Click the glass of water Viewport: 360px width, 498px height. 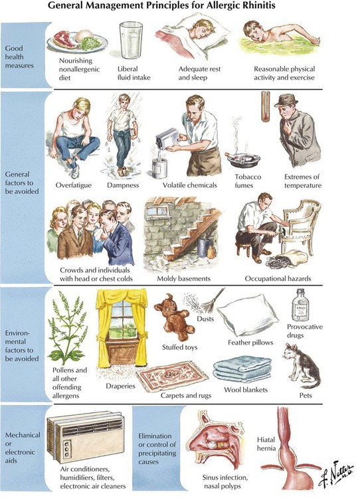[x=131, y=40]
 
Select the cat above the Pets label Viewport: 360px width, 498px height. [x=302, y=366]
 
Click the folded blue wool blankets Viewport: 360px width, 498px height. [x=242, y=369]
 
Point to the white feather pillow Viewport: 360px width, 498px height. [x=248, y=314]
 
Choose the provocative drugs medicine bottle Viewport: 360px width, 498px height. [x=300, y=305]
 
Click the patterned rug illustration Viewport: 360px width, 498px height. [x=172, y=376]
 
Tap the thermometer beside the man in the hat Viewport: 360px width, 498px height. [x=266, y=107]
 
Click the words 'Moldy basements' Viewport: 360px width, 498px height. [x=184, y=278]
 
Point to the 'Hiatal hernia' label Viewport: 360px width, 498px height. [x=266, y=444]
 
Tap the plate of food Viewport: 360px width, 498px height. [x=77, y=41]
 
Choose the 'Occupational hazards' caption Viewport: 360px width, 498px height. [x=278, y=278]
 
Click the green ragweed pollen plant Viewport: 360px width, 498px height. [x=68, y=329]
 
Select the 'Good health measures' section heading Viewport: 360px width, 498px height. [x=19, y=57]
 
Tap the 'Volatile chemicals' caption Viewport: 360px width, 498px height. [x=190, y=185]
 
